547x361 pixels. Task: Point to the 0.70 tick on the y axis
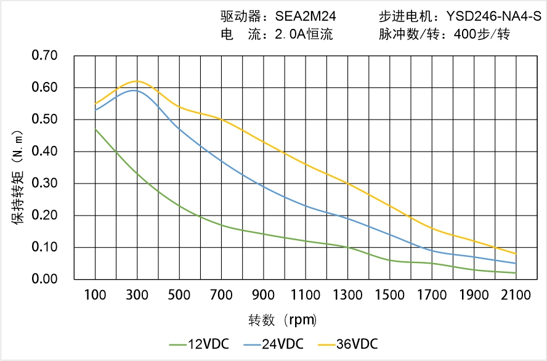pyautogui.click(x=44, y=56)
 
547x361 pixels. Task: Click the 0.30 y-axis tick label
pyautogui.click(x=44, y=184)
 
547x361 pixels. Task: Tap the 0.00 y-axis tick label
pyautogui.click(x=44, y=279)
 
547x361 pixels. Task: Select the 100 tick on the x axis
pyautogui.click(x=95, y=295)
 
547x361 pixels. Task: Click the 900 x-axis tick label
pyautogui.click(x=264, y=295)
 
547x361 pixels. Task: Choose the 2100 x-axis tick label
pyautogui.click(x=516, y=295)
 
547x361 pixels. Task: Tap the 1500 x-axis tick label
pyautogui.click(x=390, y=295)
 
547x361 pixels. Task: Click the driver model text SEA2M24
pyautogui.click(x=303, y=17)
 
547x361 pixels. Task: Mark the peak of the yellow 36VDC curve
pyautogui.click(x=137, y=81)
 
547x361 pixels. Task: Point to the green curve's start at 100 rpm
pyautogui.click(x=95, y=129)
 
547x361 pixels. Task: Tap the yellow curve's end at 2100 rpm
pyautogui.click(x=516, y=254)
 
